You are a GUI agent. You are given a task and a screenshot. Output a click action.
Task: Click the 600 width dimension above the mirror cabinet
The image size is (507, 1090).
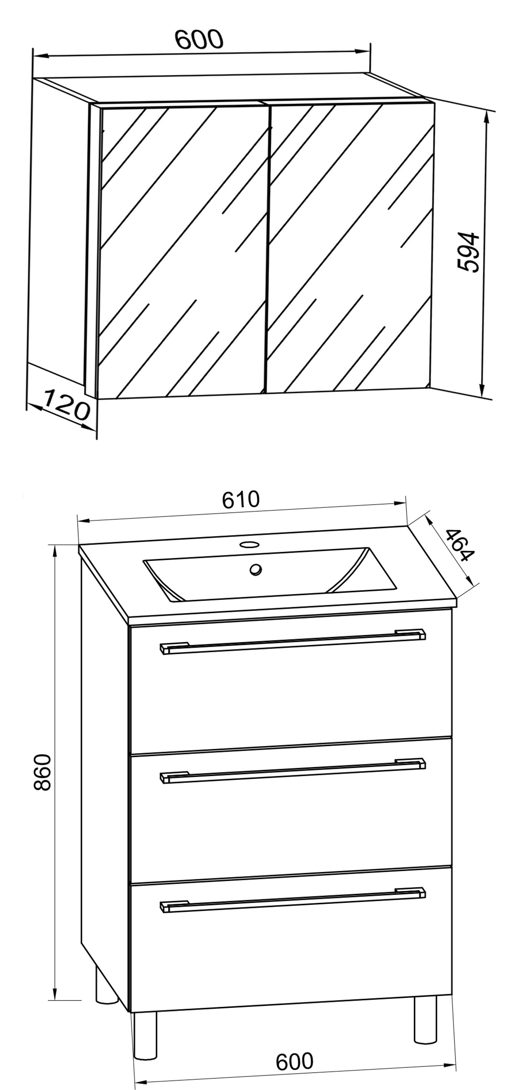point(200,40)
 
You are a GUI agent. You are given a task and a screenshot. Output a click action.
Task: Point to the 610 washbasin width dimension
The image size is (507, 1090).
point(241,500)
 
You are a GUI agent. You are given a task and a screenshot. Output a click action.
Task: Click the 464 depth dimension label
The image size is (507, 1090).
point(460,545)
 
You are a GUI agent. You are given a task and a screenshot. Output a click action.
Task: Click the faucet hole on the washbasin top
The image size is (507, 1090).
point(249,544)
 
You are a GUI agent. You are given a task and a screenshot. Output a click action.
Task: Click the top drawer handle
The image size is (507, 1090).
point(293,642)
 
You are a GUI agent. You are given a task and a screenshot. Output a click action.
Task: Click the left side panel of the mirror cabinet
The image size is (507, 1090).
point(61,227)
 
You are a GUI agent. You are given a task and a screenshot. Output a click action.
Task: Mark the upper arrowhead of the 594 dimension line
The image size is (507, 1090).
point(487,119)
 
